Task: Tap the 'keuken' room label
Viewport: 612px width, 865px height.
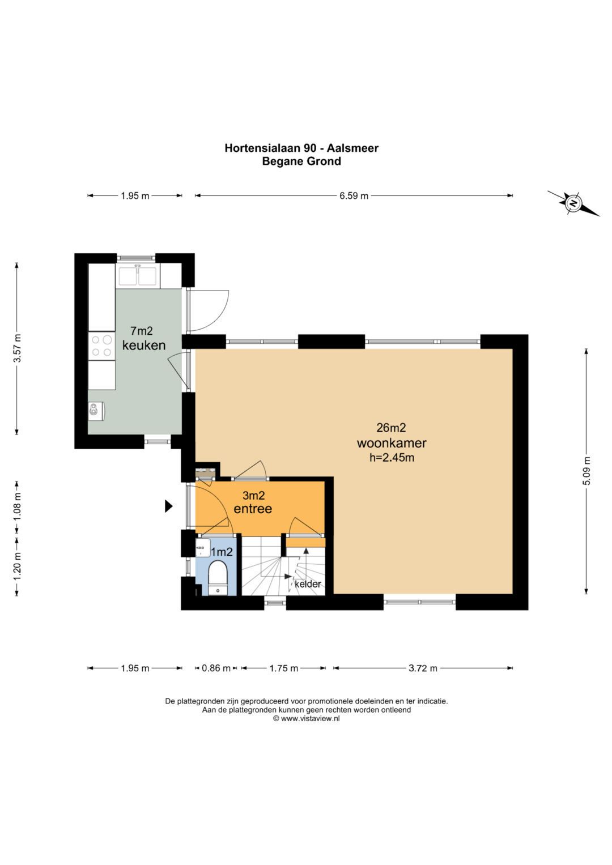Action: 144,345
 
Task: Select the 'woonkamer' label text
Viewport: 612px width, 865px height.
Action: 392,443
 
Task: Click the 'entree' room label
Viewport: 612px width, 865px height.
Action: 253,509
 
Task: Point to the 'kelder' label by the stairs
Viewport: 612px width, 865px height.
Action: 308,584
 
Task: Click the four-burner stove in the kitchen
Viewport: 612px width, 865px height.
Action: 101,346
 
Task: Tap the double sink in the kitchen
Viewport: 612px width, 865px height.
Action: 138,276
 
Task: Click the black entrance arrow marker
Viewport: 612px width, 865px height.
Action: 168,506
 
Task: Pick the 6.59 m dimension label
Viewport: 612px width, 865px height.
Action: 354,196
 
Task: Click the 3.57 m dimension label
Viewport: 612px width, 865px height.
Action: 17,348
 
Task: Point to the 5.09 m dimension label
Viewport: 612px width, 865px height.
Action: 587,471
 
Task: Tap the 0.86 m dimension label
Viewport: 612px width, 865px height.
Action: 216,668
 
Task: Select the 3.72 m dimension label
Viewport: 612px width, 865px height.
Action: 423,668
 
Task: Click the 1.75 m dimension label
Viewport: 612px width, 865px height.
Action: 283,668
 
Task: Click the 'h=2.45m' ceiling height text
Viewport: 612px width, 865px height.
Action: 392,458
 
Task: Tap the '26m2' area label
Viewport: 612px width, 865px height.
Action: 392,428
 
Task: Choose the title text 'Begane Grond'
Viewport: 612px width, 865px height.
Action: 301,161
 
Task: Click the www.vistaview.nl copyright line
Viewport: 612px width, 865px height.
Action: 307,719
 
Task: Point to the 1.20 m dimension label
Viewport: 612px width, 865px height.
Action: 17,566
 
